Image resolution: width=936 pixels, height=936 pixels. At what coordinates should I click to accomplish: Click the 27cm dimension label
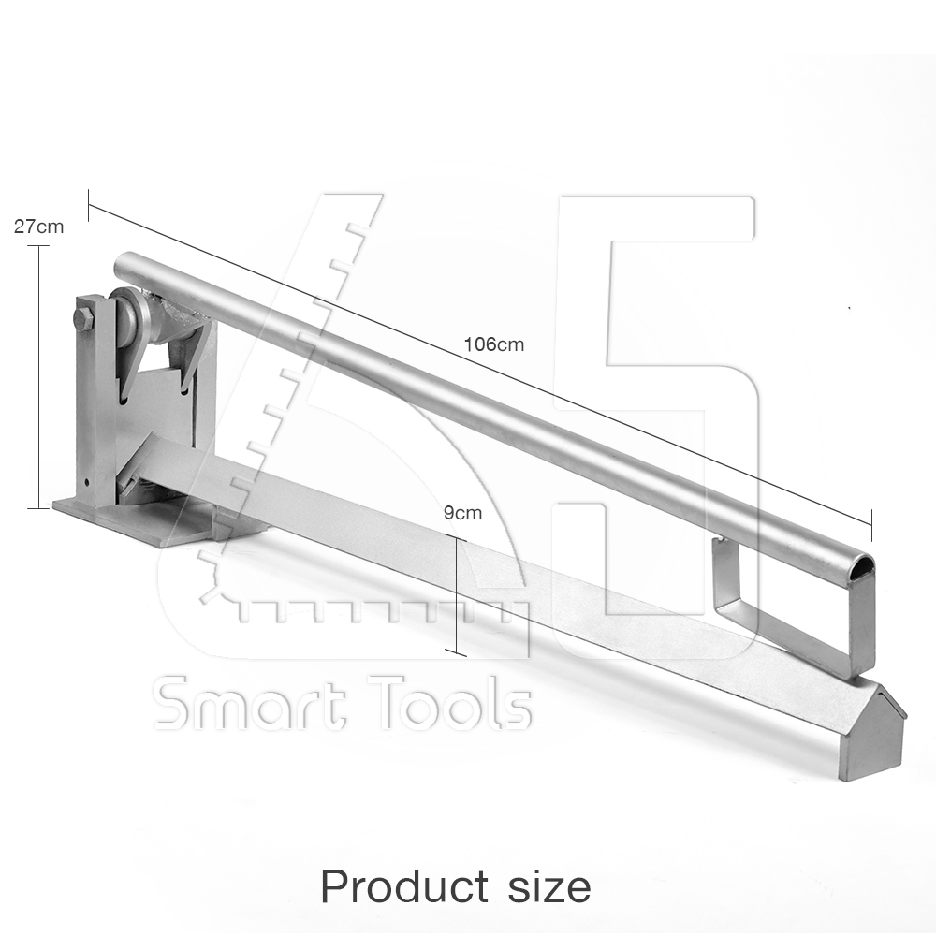(x=38, y=227)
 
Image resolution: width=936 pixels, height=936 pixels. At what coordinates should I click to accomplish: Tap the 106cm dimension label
(x=493, y=344)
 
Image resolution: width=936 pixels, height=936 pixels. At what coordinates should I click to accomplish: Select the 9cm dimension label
(x=462, y=513)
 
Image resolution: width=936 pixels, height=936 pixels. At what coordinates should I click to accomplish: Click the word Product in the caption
(x=404, y=885)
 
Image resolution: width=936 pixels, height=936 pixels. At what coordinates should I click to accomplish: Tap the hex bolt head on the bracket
(x=83, y=319)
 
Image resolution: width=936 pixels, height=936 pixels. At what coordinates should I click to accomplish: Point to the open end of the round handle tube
(x=861, y=567)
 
